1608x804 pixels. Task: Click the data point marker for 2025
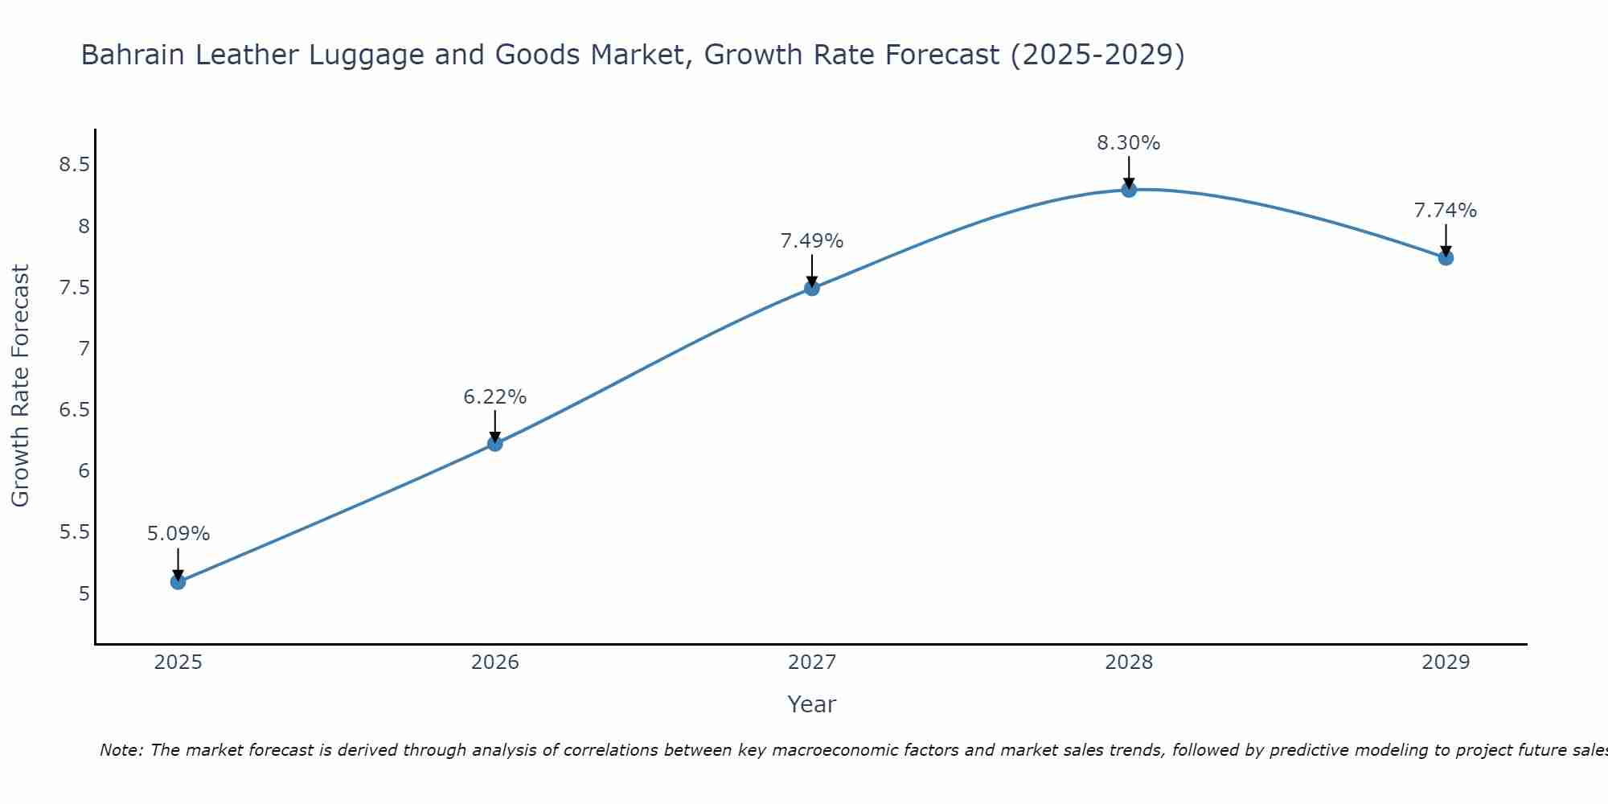178,581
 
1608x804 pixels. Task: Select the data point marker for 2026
494,443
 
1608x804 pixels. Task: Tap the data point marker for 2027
812,288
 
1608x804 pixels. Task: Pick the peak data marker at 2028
1129,190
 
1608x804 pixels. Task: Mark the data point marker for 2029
1446,258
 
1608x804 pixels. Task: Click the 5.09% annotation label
178,534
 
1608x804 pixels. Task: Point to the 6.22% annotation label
494,397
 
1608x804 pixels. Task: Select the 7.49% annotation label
812,241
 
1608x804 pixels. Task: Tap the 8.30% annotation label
1129,143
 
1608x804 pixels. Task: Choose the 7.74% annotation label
1446,211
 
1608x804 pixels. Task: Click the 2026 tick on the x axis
494,662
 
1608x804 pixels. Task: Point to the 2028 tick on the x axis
1129,662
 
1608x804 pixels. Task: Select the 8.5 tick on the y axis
74,165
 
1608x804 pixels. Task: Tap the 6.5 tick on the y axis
74,410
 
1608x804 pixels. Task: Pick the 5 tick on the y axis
84,594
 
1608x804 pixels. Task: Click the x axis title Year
812,704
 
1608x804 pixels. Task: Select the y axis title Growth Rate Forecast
20,386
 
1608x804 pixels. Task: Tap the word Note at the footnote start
121,750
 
